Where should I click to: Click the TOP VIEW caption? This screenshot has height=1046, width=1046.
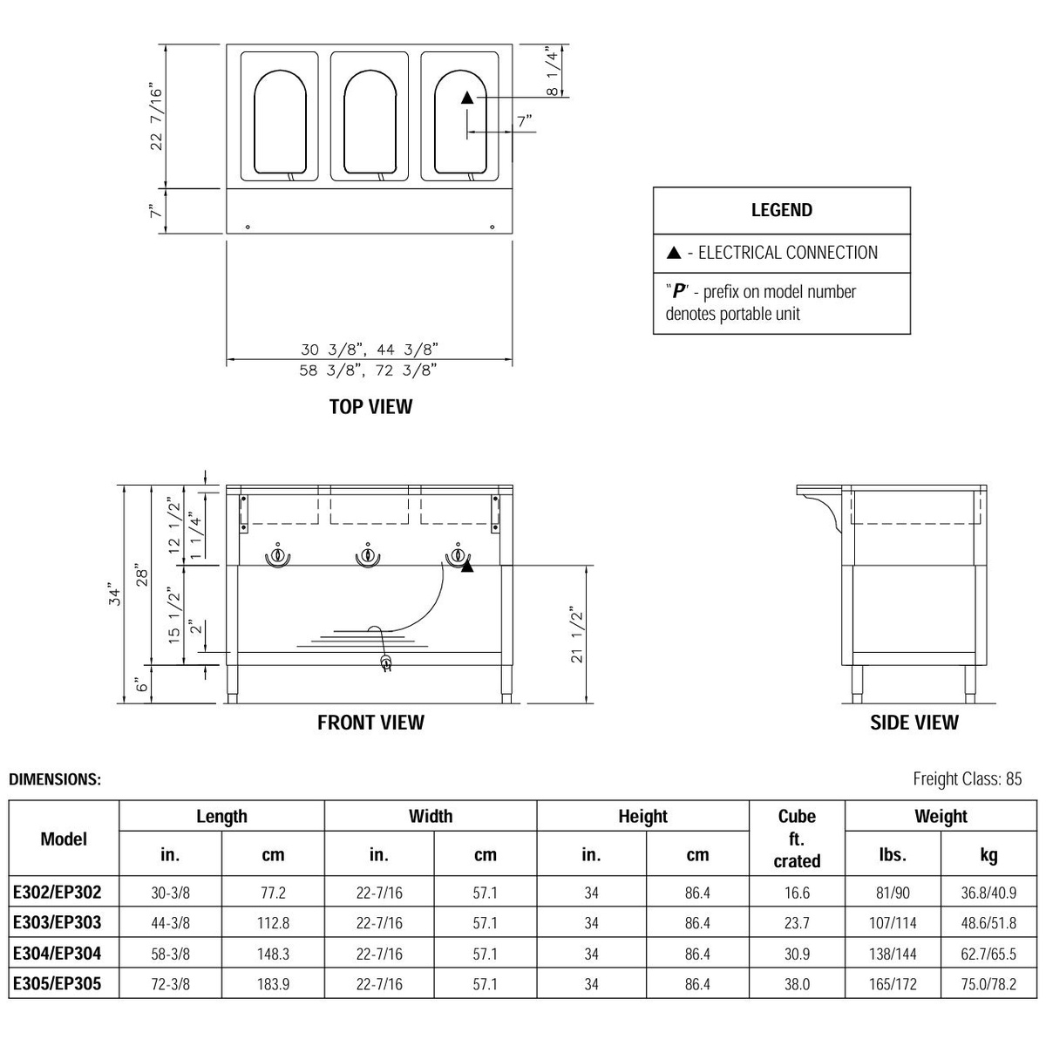tap(370, 407)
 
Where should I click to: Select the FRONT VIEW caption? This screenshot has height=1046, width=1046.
tap(370, 723)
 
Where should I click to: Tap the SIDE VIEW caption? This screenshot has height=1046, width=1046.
tap(914, 723)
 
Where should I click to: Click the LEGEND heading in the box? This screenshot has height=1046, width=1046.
tap(781, 210)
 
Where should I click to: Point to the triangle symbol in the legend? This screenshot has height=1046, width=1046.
tap(673, 254)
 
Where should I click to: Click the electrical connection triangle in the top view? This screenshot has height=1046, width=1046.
tap(467, 98)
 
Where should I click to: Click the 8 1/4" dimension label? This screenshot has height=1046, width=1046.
tap(553, 71)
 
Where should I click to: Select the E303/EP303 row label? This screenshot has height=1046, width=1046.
tap(58, 922)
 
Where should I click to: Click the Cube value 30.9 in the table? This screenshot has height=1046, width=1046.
tap(797, 954)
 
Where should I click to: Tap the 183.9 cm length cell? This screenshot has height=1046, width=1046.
tap(273, 984)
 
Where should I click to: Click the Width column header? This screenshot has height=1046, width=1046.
tap(431, 817)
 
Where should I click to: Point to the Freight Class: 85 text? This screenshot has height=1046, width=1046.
tap(967, 779)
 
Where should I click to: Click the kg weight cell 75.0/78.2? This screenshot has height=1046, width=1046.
tap(988, 984)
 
